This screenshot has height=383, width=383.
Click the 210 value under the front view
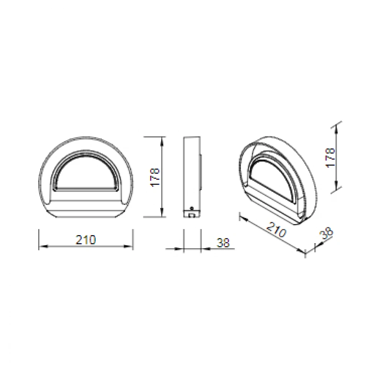86,240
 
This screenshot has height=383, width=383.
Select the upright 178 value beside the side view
154,176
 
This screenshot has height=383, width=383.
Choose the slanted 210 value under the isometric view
276,231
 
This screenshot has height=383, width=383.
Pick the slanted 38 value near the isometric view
326,233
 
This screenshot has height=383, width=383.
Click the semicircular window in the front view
86,173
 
